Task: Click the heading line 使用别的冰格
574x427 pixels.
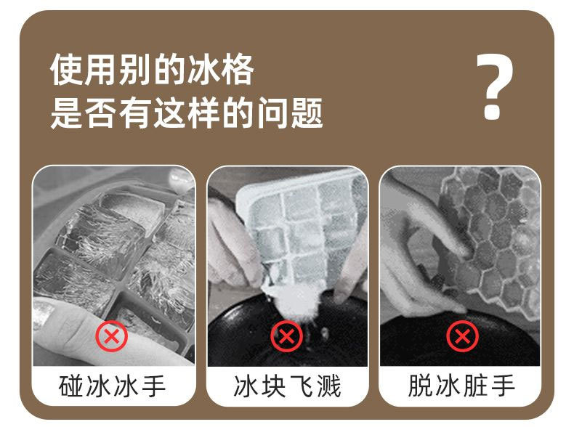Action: [153, 71]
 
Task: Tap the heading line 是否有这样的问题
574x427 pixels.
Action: [187, 114]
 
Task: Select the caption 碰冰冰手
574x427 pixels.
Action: [113, 386]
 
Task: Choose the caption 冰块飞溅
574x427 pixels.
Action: [287, 386]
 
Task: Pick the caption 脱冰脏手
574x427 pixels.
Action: [461, 386]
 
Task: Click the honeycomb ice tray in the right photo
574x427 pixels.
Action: [494, 225]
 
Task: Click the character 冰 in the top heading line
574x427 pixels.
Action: [203, 71]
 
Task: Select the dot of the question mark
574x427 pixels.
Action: [493, 113]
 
